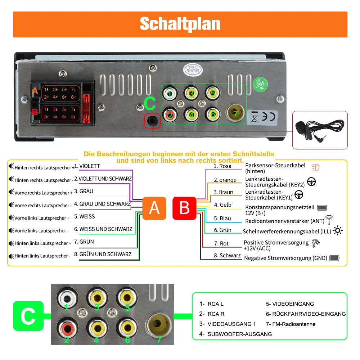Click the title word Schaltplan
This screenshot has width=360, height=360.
[180, 24]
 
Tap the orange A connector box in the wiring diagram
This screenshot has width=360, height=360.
[154, 208]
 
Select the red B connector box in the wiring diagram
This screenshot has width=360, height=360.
[184, 208]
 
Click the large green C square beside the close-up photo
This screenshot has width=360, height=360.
[28, 316]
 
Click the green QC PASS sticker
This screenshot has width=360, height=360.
[260, 84]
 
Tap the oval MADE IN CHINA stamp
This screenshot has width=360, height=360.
[193, 69]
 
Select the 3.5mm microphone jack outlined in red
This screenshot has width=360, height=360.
[152, 120]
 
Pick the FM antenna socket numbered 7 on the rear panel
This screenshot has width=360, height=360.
[235, 113]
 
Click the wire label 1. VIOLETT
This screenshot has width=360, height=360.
[87, 166]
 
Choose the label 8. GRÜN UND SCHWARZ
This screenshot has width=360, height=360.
[103, 255]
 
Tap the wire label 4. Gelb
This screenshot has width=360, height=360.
[222, 205]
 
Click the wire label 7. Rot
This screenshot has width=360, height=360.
[221, 243]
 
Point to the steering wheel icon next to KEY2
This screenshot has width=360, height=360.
[311, 181]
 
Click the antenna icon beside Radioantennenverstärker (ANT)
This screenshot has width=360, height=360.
[329, 220]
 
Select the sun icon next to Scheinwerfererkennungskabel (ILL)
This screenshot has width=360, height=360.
[338, 230]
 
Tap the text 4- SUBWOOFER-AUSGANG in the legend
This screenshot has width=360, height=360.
[235, 334]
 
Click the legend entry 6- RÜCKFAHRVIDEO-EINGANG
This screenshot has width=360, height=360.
[306, 314]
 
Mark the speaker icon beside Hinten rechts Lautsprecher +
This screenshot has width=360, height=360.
[11, 166]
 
